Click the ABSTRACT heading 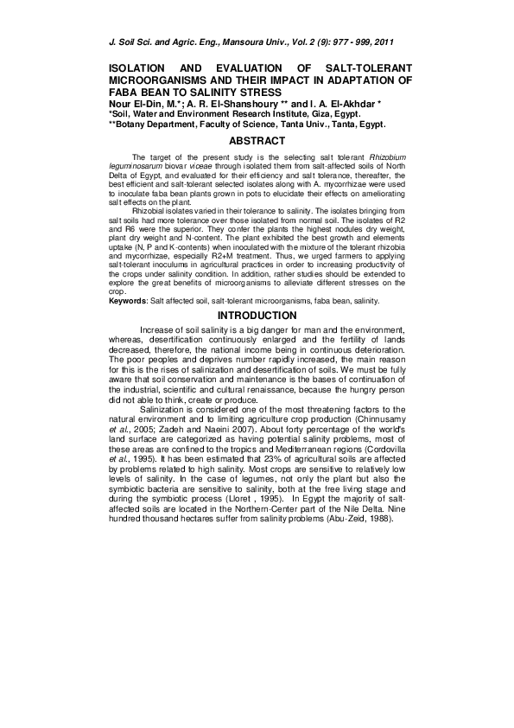(257, 141)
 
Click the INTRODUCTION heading (257, 316)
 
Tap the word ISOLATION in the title (140, 67)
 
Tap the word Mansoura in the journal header (249, 41)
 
